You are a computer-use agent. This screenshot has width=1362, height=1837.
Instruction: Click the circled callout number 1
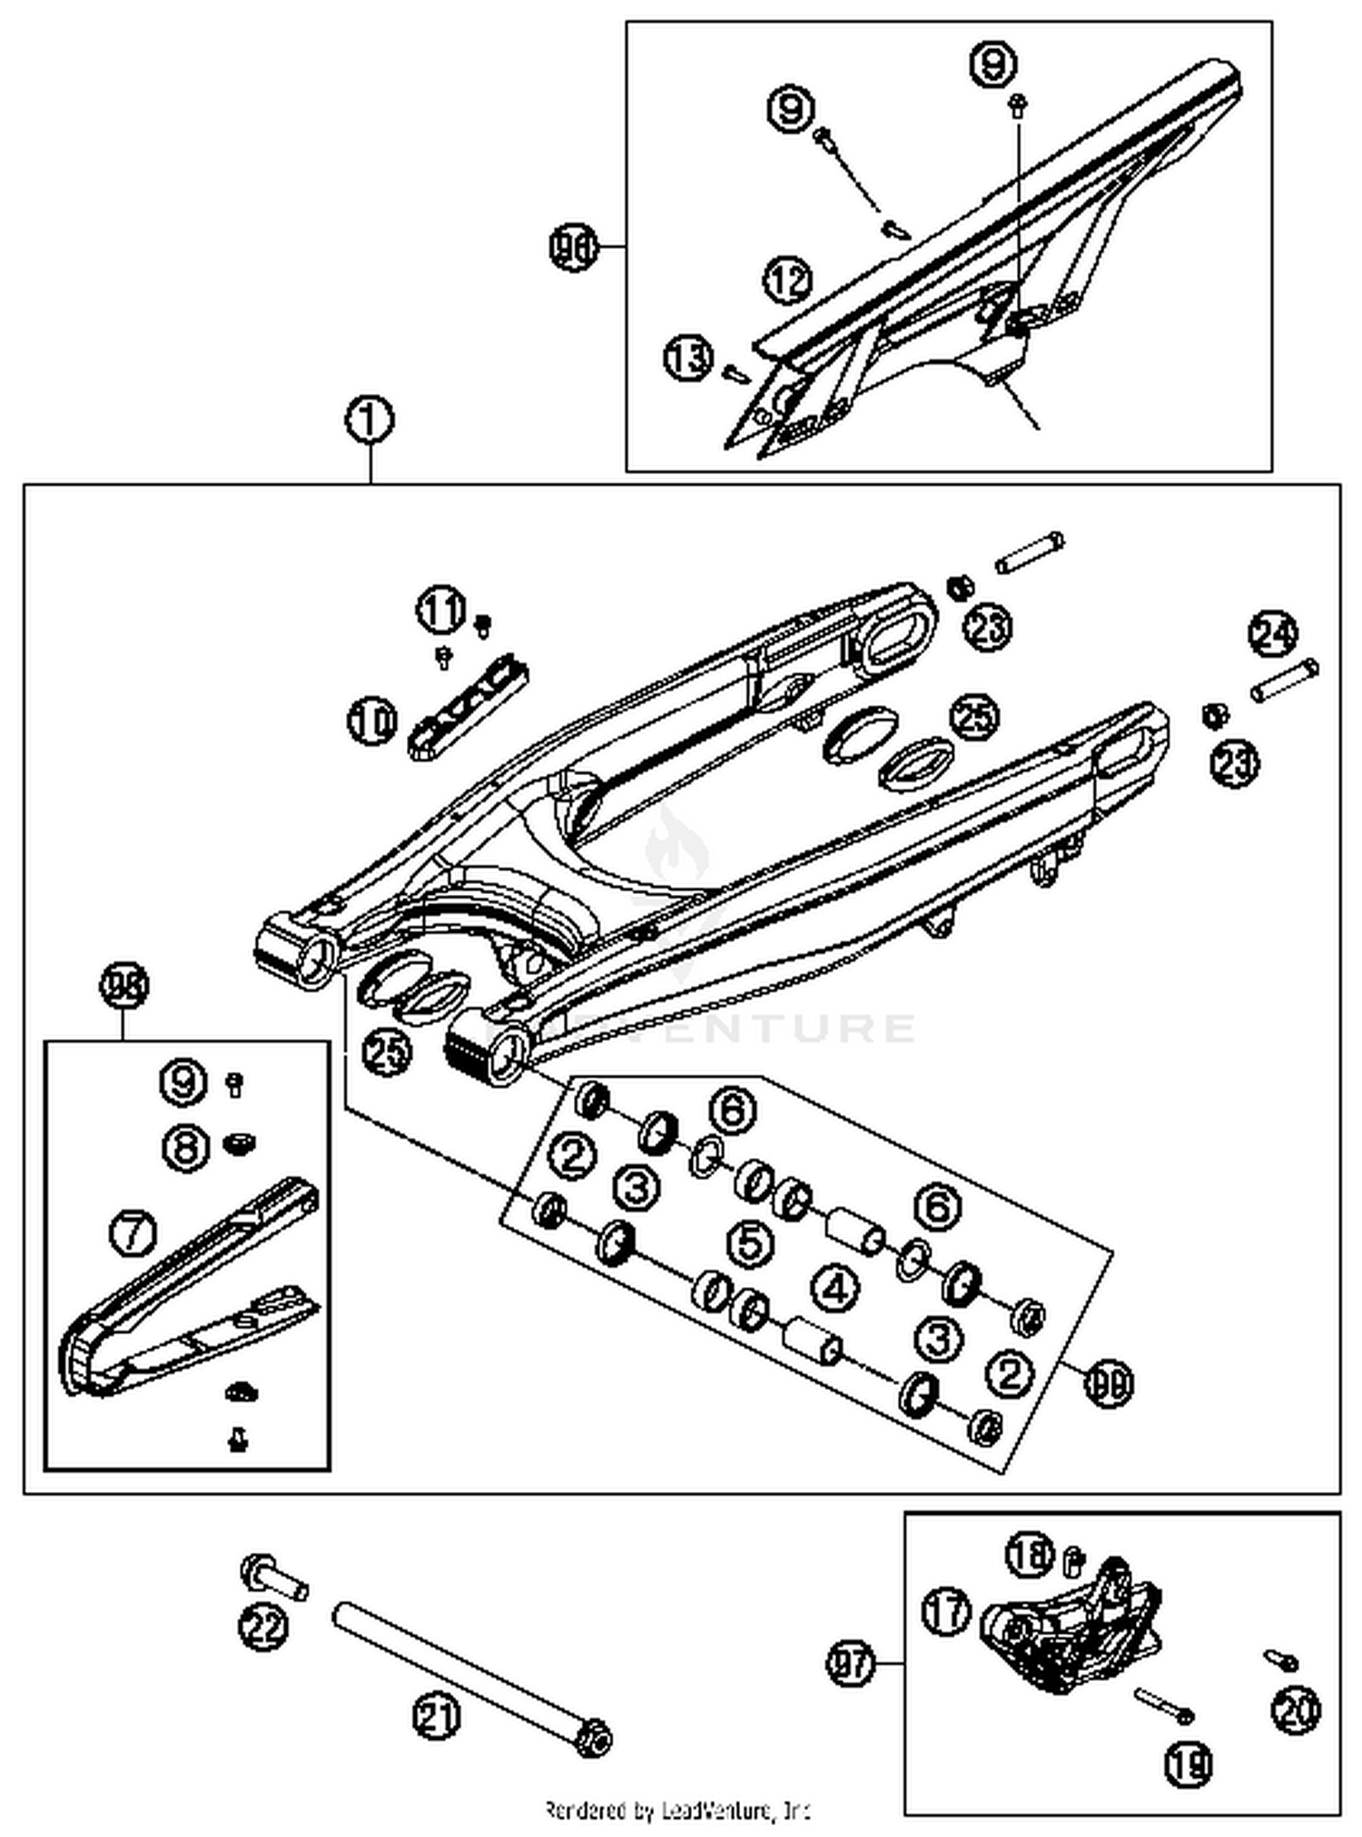point(370,421)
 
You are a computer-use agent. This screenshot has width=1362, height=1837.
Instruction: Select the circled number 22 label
point(263,1625)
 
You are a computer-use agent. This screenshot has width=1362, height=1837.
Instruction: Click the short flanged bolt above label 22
point(272,1577)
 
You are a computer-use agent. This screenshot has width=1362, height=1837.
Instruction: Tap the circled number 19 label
point(1189,1763)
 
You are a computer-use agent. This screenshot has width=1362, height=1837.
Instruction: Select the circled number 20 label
point(1296,1710)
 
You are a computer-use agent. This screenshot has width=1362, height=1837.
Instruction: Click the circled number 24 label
point(1273,634)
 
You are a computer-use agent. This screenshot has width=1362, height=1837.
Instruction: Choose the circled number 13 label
point(688,358)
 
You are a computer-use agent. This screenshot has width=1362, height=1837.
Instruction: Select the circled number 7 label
point(133,1233)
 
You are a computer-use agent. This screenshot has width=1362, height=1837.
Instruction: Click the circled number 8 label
point(186,1147)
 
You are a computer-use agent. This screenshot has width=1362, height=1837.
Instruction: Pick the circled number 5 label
point(751,1243)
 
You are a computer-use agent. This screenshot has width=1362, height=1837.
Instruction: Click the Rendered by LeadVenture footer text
point(676,1811)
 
